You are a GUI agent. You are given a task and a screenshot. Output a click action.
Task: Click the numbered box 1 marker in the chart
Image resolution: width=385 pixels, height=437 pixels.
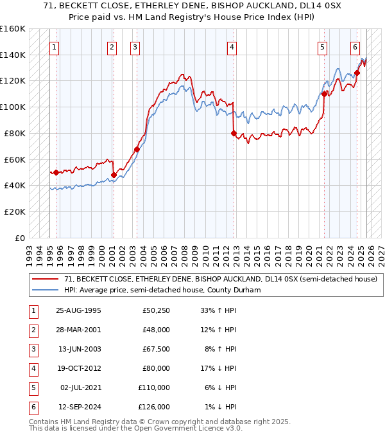(x=56, y=46)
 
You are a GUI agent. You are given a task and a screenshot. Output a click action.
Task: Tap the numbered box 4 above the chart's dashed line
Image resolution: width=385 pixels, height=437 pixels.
(x=231, y=46)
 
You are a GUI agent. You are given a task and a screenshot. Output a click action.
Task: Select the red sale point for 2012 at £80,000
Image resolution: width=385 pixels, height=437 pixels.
(x=234, y=133)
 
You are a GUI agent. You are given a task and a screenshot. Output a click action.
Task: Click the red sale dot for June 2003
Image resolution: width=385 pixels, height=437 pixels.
(x=137, y=150)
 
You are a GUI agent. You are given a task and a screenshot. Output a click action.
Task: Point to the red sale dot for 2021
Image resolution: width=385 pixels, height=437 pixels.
(x=325, y=94)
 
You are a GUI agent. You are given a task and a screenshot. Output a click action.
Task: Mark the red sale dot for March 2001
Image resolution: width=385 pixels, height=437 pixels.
(x=114, y=175)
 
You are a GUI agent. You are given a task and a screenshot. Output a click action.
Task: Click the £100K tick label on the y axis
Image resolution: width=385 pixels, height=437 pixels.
(x=13, y=107)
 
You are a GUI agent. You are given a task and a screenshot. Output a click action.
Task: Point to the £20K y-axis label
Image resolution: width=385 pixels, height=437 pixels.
(x=14, y=211)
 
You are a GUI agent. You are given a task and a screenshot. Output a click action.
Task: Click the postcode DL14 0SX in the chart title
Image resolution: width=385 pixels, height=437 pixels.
(x=296, y=7)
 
